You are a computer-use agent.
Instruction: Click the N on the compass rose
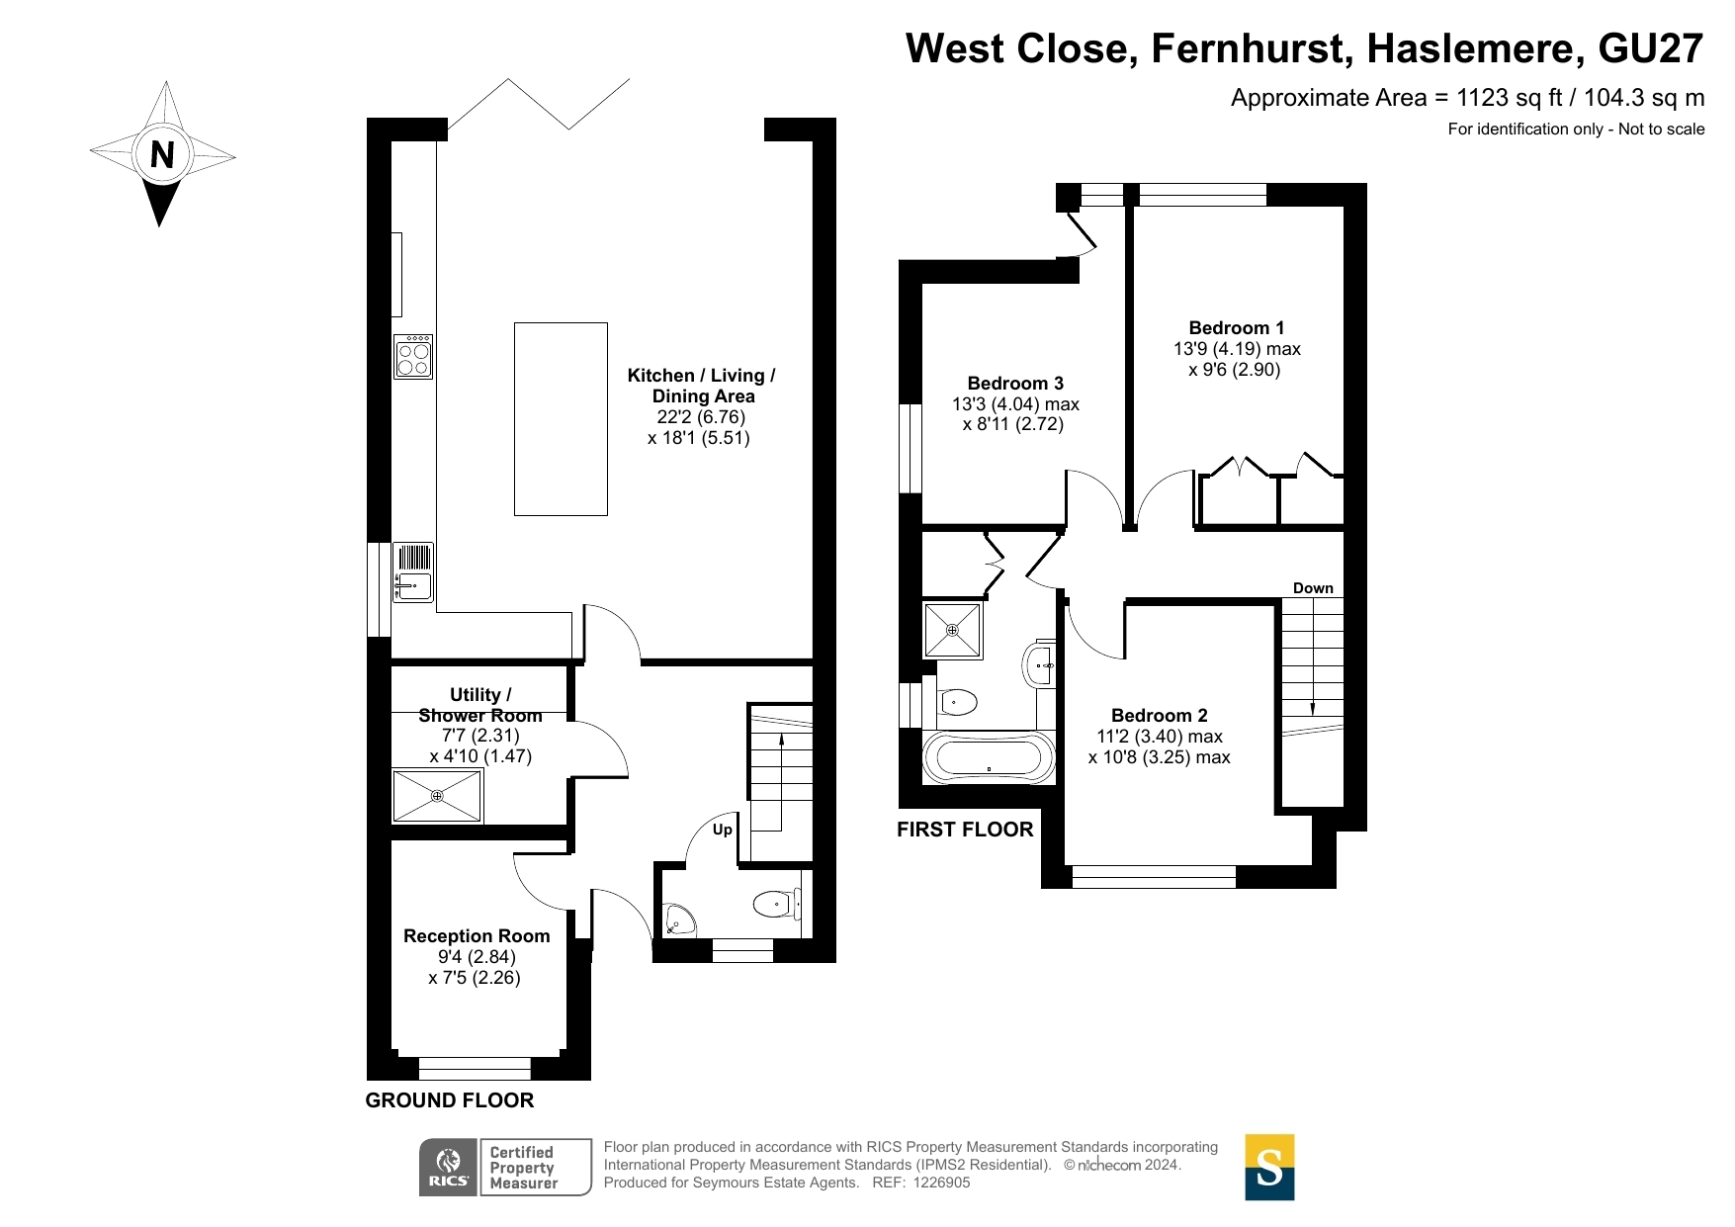coord(161,154)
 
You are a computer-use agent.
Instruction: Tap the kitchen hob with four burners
coord(413,357)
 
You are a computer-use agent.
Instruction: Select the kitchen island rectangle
coord(561,419)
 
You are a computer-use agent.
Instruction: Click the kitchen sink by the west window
coord(413,572)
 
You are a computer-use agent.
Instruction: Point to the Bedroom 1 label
coord(1236,328)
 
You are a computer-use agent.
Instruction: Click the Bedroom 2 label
coord(1159,716)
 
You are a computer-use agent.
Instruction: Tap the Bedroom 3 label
coord(1015,384)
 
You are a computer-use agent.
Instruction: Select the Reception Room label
coord(477,936)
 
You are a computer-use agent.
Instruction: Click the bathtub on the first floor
coord(989,758)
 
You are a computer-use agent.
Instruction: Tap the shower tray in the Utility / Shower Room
coord(438,796)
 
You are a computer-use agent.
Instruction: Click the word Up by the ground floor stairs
coord(723,830)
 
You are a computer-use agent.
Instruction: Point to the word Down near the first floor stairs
coord(1313,588)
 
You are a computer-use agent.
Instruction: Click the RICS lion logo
coord(449,1168)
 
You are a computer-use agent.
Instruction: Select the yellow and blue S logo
coord(1269,1168)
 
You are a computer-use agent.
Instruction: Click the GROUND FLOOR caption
coord(450,1100)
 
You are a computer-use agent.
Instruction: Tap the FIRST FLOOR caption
coord(965,830)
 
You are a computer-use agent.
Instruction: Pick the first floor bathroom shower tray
coord(953,631)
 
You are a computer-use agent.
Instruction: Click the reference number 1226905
coord(941,1183)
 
